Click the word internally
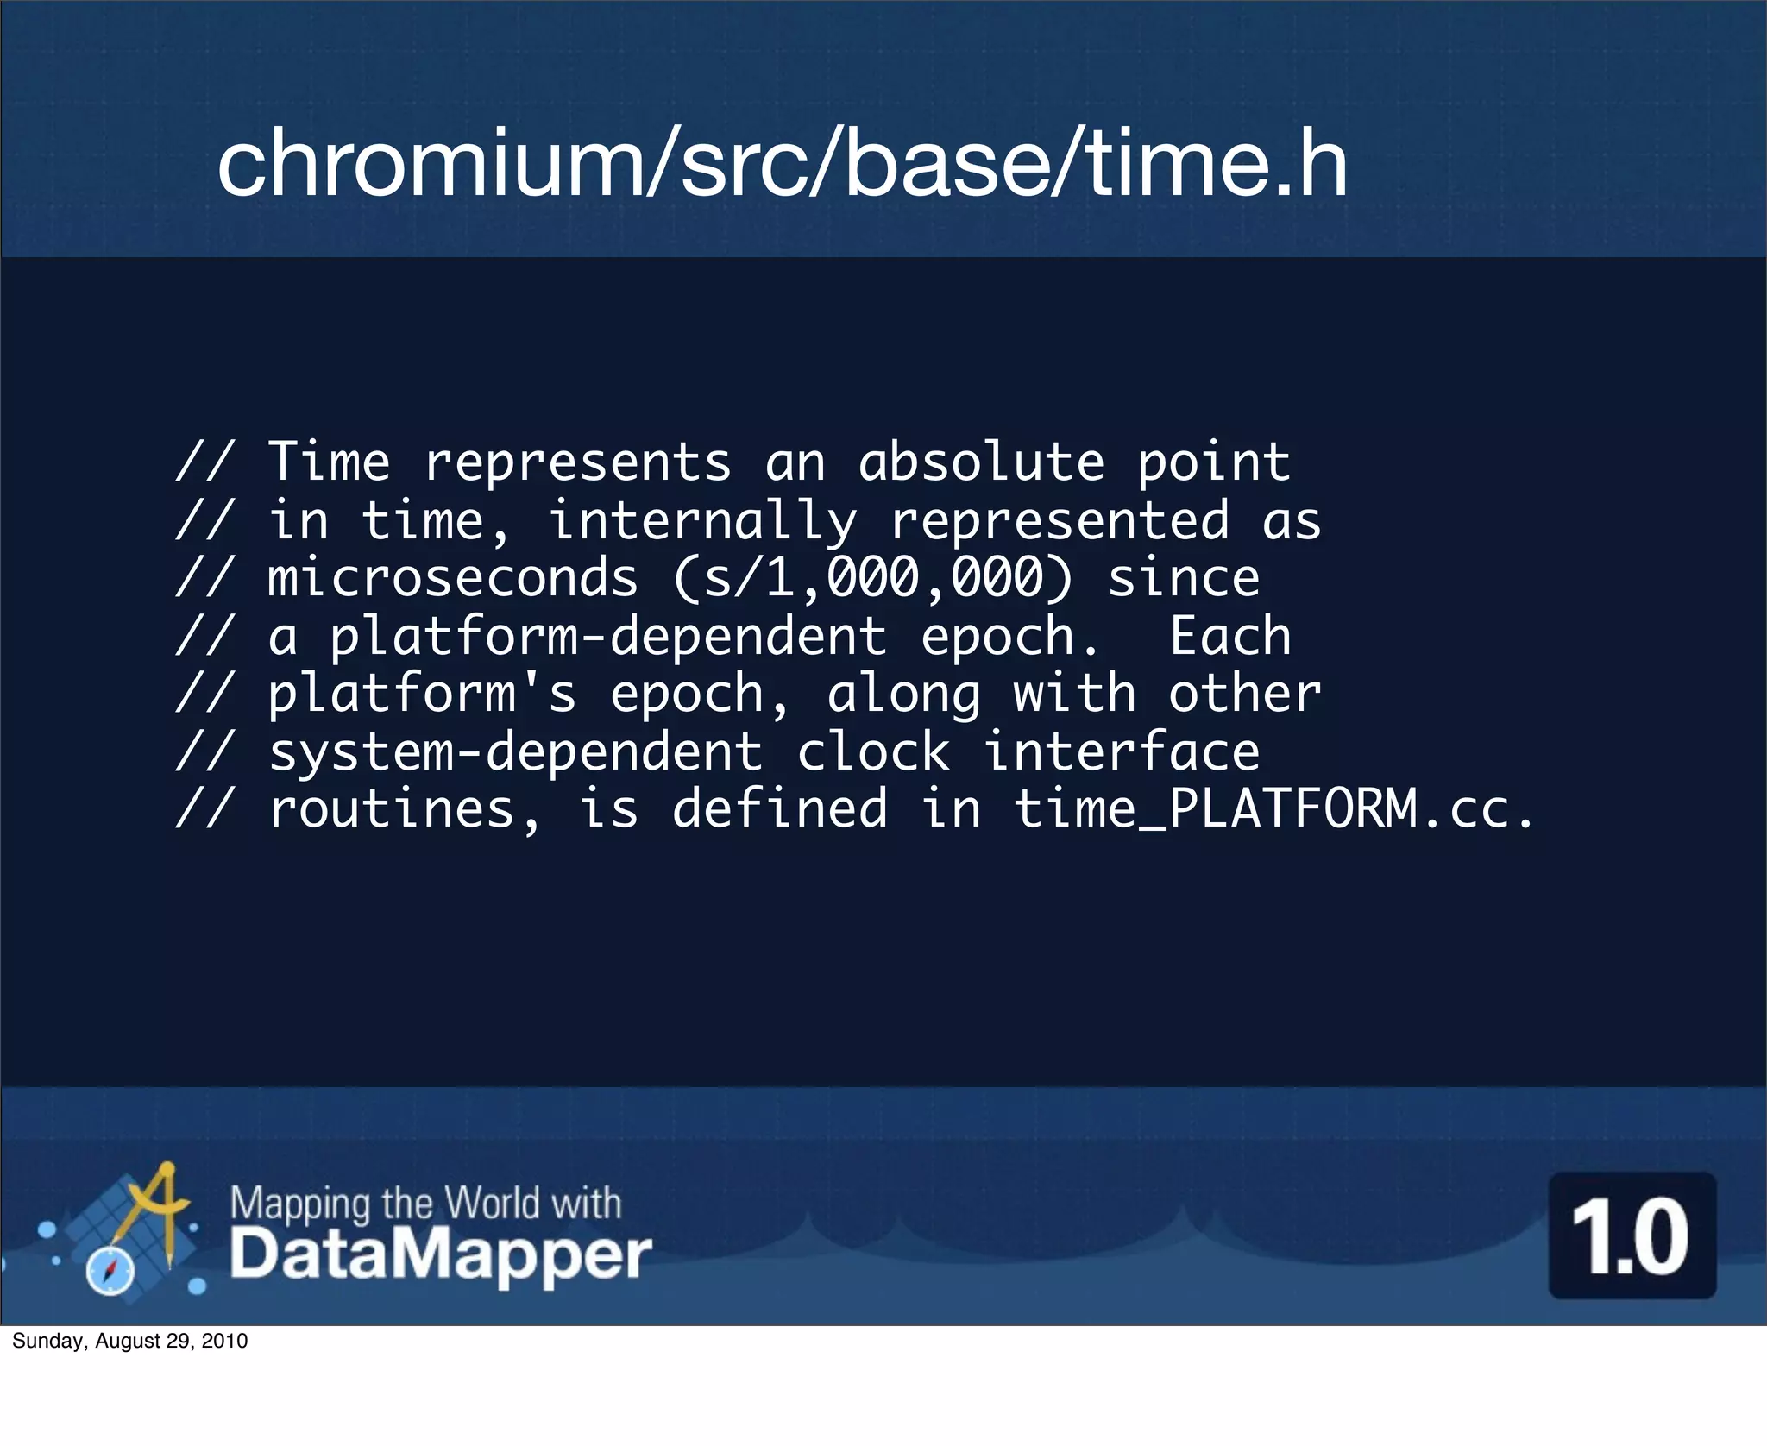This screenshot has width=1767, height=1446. pyautogui.click(x=703, y=521)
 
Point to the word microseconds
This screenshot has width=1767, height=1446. pyautogui.click(x=453, y=578)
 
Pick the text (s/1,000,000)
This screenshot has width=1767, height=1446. pyautogui.click(x=872, y=578)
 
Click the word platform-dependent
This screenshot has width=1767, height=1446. pyautogui.click(x=608, y=637)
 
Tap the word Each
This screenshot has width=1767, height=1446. pyautogui.click(x=1230, y=637)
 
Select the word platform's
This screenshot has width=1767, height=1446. pyautogui.click(x=422, y=694)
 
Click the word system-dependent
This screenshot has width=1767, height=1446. pyautogui.click(x=515, y=752)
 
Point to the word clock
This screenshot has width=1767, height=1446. pyautogui.click(x=872, y=752)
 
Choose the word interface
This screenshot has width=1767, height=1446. pyautogui.click(x=1122, y=752)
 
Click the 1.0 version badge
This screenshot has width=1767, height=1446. pyautogui.click(x=1632, y=1235)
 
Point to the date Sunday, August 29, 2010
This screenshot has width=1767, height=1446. pyautogui.click(x=130, y=1341)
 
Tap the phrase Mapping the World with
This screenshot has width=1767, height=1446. pyautogui.click(x=425, y=1202)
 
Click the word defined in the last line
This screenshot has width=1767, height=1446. pyautogui.click(x=779, y=809)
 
